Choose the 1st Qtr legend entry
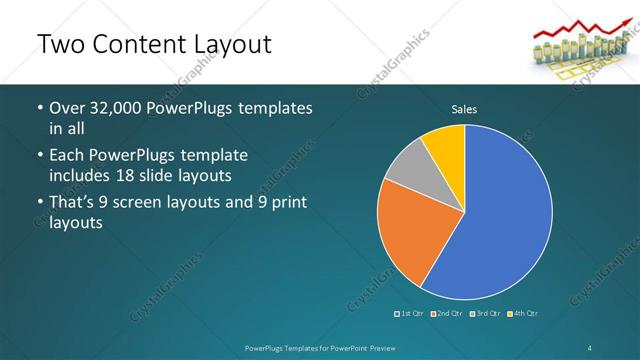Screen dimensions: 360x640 click(410, 313)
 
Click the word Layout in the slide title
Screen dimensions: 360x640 click(223, 45)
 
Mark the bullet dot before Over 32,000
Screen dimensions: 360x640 click(39, 108)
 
